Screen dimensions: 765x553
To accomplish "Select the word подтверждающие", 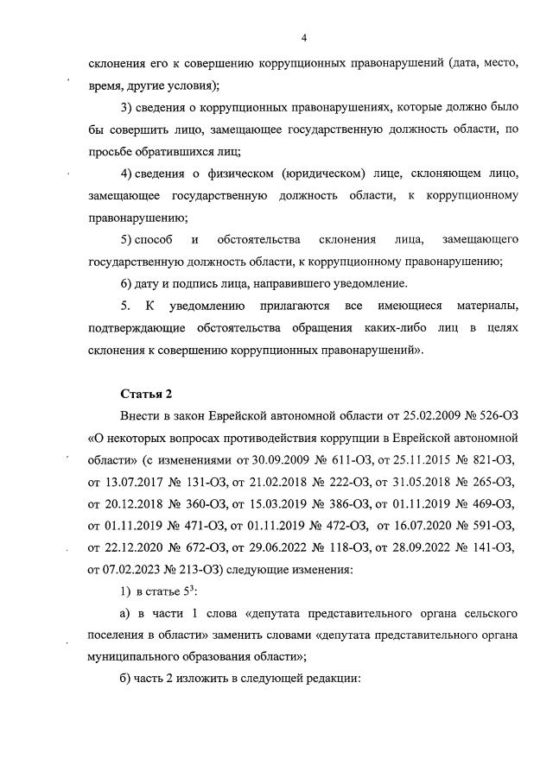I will (137, 328).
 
